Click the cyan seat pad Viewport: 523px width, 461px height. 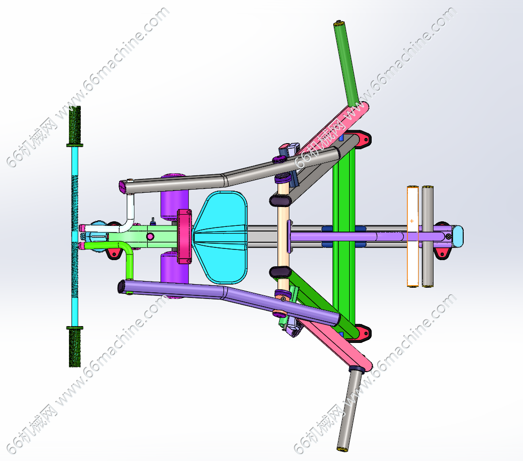pos(221,237)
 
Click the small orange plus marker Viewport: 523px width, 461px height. pos(412,221)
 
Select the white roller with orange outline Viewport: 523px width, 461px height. pos(413,237)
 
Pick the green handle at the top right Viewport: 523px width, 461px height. pos(346,63)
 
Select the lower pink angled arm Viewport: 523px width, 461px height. pos(337,343)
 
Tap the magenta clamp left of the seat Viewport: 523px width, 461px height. pos(184,236)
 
